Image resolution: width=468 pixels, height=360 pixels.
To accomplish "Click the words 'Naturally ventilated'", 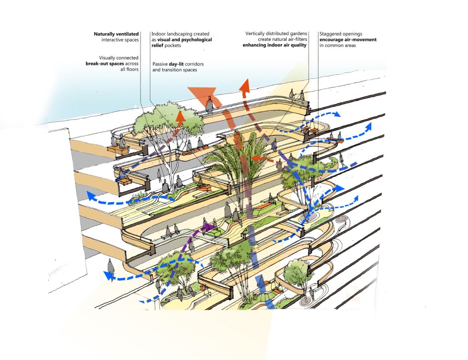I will pyautogui.click(x=116, y=34).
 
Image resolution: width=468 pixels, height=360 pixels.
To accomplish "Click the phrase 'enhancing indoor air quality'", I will pyautogui.click(x=275, y=45).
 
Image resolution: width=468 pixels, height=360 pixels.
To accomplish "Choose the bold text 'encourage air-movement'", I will pyautogui.click(x=348, y=40).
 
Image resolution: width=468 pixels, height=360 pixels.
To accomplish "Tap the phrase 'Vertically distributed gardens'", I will pyautogui.click(x=276, y=34).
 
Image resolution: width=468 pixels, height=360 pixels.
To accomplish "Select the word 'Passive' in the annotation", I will pyautogui.click(x=160, y=64).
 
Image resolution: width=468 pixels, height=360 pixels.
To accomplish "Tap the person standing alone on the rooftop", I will pyautogui.click(x=209, y=104).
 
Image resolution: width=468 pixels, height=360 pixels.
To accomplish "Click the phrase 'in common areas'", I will pyautogui.click(x=337, y=45).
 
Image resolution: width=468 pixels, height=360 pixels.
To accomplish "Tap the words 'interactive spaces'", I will pyautogui.click(x=120, y=40).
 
